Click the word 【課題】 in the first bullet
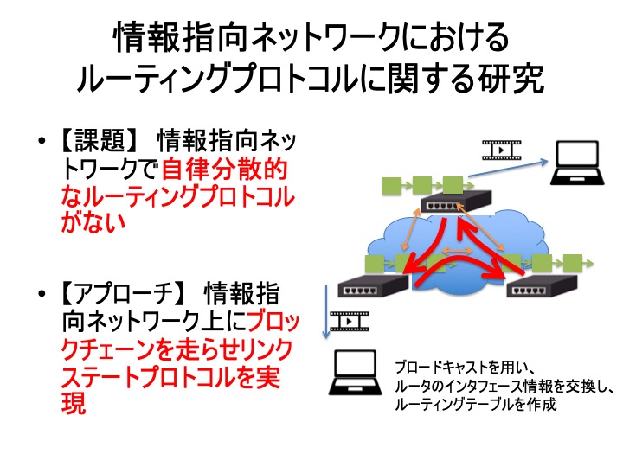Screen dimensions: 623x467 (x=100, y=141)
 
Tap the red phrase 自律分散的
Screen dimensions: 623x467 (x=224, y=170)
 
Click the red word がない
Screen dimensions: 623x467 (x=93, y=222)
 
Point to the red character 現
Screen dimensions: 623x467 (x=74, y=403)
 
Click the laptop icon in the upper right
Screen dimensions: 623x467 (x=577, y=163)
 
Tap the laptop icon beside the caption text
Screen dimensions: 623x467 (x=356, y=372)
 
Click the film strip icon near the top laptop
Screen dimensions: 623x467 (x=501, y=150)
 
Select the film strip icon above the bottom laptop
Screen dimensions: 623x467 (x=350, y=321)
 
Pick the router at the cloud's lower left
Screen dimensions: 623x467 (x=373, y=285)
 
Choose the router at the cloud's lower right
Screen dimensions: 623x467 (x=542, y=285)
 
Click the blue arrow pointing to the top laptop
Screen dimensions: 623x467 (x=508, y=169)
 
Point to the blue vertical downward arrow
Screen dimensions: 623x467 (x=326, y=311)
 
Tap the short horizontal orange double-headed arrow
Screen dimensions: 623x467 (x=458, y=251)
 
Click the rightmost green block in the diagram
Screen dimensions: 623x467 (x=572, y=263)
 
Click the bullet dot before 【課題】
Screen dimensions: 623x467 (x=41, y=141)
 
